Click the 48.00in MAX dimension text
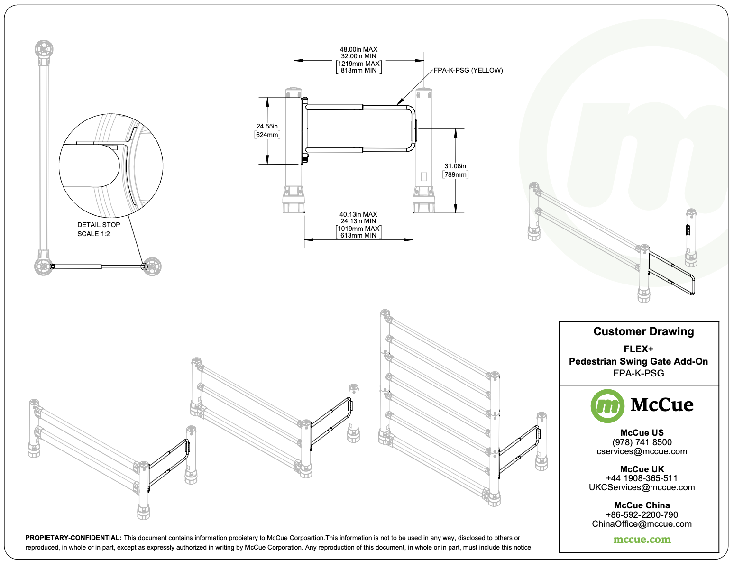[358, 49]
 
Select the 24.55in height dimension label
[267, 127]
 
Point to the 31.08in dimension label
[455, 166]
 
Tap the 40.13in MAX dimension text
[358, 214]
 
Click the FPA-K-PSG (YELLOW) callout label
[468, 71]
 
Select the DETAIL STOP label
[99, 225]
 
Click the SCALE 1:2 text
[93, 234]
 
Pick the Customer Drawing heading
[643, 332]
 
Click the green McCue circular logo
[607, 406]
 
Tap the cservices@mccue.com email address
[642, 451]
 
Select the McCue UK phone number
[642, 478]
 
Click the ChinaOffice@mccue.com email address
[642, 524]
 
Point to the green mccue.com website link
[642, 540]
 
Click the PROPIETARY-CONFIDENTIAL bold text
[73, 538]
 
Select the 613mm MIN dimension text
[358, 236]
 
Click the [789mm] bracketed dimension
[455, 175]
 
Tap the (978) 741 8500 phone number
[642, 442]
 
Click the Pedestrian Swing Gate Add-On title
[638, 361]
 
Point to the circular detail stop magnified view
[111, 166]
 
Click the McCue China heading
[642, 505]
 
